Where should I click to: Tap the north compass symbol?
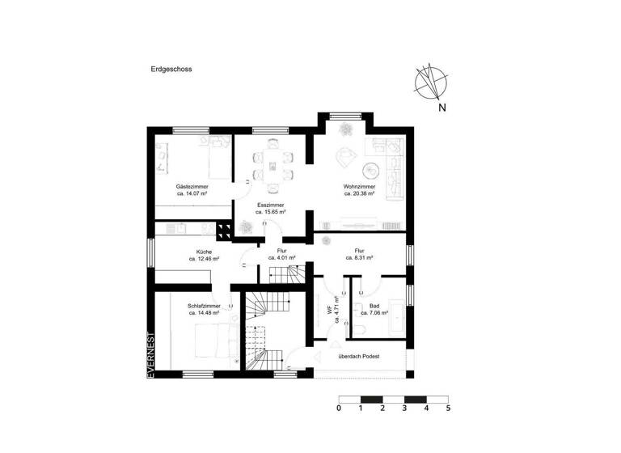tap(432, 80)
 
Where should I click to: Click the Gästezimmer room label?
tap(192, 187)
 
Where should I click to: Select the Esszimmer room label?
tap(269, 205)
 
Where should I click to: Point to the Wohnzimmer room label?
tap(359, 187)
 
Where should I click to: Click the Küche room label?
tap(204, 252)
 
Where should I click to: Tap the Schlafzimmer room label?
tap(204, 306)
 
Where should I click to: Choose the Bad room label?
tap(374, 306)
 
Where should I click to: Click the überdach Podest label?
tap(358, 356)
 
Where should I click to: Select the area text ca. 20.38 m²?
tap(359, 194)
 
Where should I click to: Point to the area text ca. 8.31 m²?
tap(359, 259)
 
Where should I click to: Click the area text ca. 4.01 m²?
tap(281, 259)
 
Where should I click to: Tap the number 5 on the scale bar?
tap(448, 409)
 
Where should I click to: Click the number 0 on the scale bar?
tap(338, 409)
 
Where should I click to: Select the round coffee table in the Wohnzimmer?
tap(371, 170)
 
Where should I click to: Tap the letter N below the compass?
tap(442, 106)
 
